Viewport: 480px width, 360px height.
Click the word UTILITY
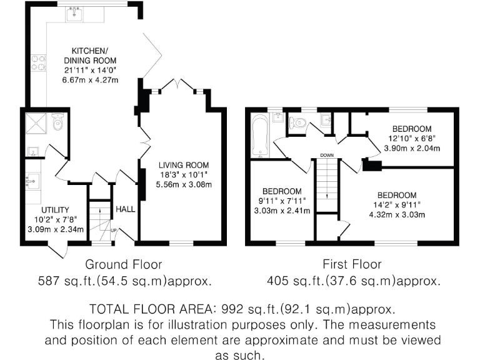click(55, 210)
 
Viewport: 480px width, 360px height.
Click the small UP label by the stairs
click(113, 230)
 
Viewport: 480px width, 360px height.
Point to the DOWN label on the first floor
click(326, 156)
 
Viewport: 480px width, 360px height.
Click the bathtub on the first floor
click(259, 136)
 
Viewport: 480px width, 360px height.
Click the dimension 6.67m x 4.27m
click(90, 81)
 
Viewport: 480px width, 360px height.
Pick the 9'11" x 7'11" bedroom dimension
click(282, 201)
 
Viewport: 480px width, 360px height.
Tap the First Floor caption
click(353, 264)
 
